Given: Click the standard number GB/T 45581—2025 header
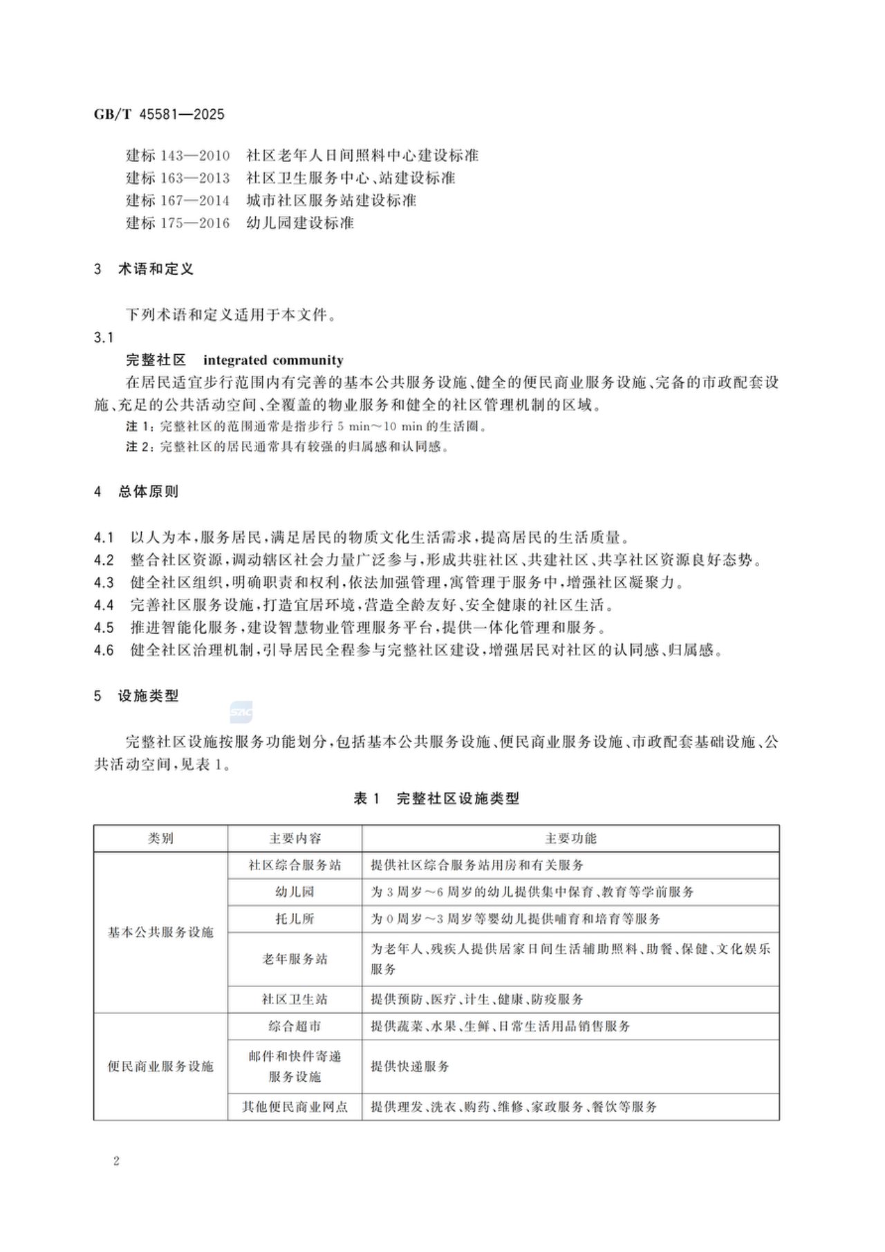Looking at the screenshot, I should [159, 115].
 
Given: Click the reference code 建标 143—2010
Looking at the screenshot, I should [178, 156].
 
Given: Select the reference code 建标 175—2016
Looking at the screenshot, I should [178, 223].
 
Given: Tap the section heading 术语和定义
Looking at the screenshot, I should [156, 269].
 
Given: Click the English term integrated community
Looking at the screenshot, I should [273, 360].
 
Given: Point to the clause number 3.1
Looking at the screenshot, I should [104, 338].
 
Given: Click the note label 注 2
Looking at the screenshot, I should [138, 447].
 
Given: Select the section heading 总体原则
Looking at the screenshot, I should [148, 492].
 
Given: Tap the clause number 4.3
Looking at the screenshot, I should [104, 582].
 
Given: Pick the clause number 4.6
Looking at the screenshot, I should [104, 650].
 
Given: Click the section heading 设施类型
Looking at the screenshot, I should [148, 696].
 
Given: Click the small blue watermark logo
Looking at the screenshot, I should [241, 712].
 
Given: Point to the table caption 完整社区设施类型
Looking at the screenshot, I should [458, 798].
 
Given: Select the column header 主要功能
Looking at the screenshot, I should [570, 838].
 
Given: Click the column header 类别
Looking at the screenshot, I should [160, 838].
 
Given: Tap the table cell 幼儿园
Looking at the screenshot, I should [295, 892].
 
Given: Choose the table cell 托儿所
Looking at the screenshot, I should [295, 919].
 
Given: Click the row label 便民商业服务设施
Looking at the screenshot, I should [160, 1067].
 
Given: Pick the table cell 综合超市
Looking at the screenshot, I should [295, 1027].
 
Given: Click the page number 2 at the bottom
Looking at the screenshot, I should [116, 1161].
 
